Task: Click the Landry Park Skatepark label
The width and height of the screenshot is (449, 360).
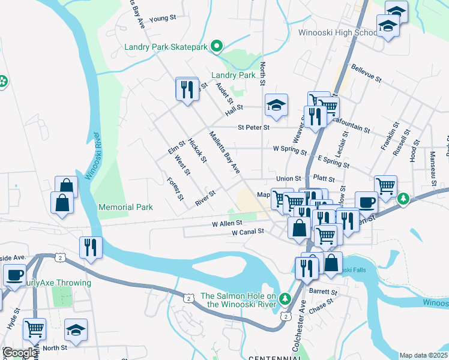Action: [x=165, y=47]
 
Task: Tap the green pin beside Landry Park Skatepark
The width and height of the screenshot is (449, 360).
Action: [x=218, y=46]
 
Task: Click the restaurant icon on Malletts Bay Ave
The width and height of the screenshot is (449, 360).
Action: [x=187, y=90]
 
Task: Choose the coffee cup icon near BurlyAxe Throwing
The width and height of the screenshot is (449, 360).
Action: [x=14, y=275]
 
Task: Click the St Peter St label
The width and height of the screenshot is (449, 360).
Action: [x=253, y=127]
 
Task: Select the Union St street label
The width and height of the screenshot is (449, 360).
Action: [x=288, y=179]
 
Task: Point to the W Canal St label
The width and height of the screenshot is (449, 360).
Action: [x=248, y=232]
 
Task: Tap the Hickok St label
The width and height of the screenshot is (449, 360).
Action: [x=197, y=151]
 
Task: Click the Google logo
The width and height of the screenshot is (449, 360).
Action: [x=19, y=353]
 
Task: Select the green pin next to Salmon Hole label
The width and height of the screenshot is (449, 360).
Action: [x=286, y=298]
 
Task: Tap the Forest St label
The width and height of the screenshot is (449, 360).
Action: [x=175, y=189]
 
